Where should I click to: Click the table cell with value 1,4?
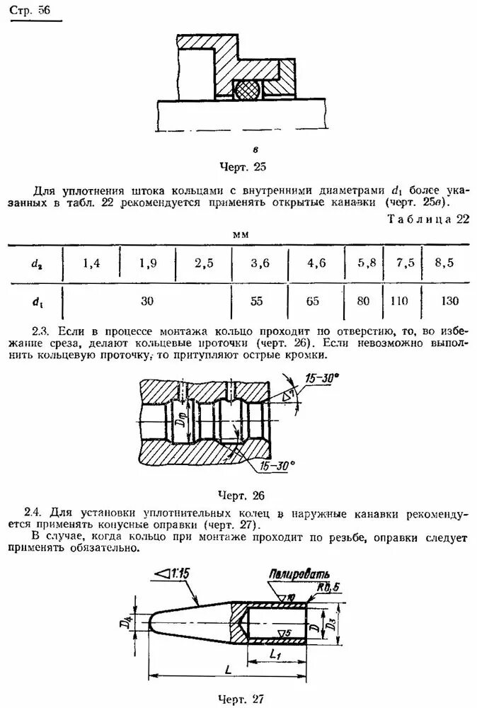tap(91, 263)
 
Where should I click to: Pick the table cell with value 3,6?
tap(260, 263)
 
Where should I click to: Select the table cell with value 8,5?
tap(444, 263)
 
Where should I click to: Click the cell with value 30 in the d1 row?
tap(146, 301)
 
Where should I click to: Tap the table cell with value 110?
tap(401, 301)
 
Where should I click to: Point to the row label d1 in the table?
tap(35, 302)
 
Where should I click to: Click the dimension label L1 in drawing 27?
tap(276, 655)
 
